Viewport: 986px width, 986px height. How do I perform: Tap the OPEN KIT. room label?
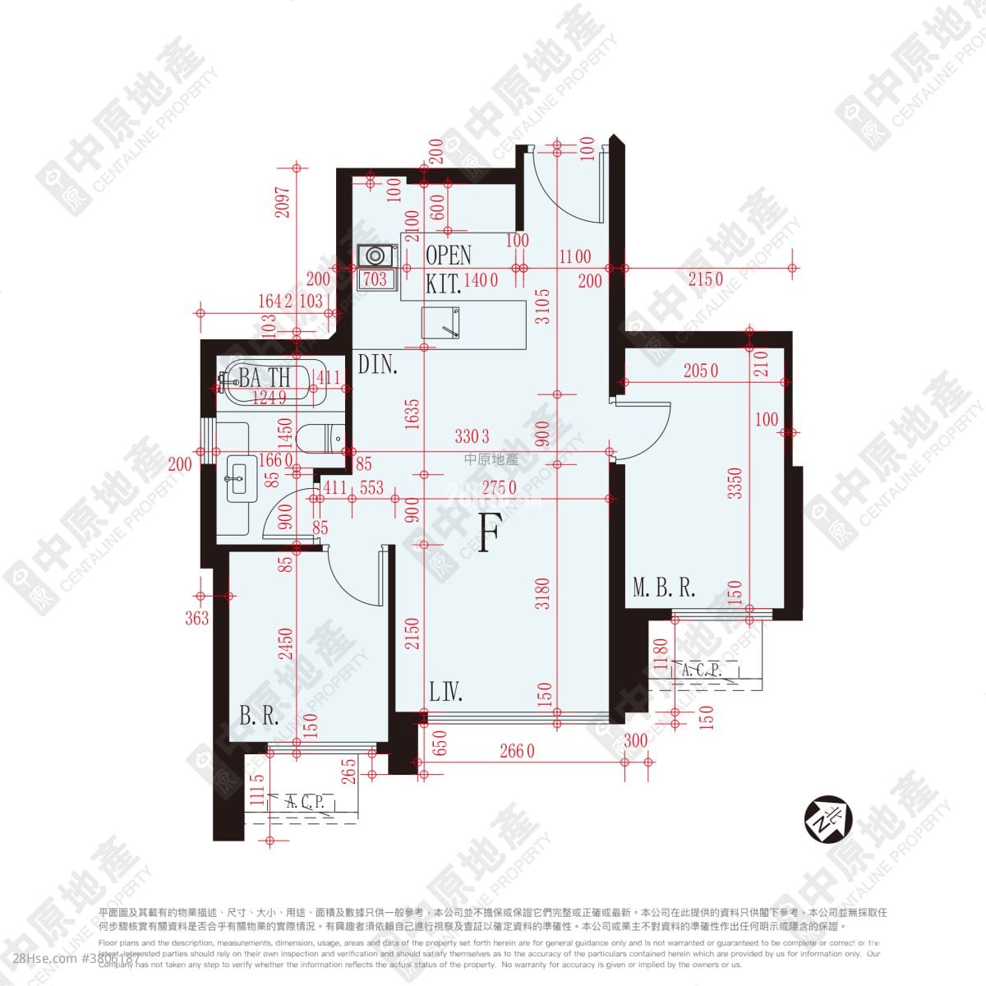click(449, 269)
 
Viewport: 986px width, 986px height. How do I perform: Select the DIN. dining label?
click(378, 364)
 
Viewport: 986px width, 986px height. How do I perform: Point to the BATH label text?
click(265, 378)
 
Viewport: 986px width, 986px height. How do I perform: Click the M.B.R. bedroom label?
click(664, 587)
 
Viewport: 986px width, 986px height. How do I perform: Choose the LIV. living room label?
click(446, 693)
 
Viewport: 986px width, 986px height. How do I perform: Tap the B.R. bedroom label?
click(260, 716)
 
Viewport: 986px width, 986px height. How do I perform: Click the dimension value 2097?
click(282, 198)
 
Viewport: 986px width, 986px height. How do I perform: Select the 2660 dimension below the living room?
click(518, 750)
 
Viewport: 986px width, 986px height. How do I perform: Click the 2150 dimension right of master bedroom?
click(705, 279)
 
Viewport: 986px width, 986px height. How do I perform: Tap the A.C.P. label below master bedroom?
click(701, 670)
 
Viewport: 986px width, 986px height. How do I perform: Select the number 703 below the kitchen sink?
click(375, 279)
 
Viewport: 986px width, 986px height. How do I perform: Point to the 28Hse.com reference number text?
click(70, 959)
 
